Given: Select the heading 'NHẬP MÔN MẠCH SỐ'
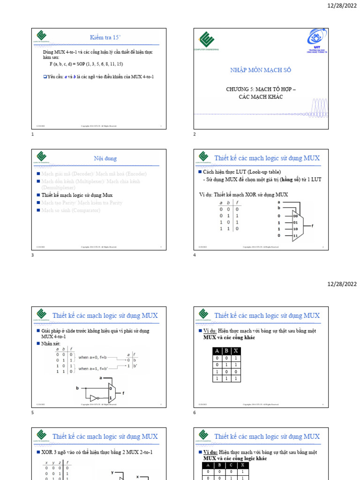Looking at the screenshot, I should point(261,70).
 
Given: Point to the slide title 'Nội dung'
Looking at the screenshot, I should point(105,158).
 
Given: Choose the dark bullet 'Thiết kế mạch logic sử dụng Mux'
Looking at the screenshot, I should point(77,195).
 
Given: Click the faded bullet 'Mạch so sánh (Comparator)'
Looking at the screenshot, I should point(70,210).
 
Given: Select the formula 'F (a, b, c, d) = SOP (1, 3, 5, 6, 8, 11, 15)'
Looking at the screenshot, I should point(86,64).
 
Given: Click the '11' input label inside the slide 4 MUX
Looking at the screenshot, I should point(295,235).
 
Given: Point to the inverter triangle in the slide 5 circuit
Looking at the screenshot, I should point(93,398).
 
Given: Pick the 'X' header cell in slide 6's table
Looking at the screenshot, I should point(235,351).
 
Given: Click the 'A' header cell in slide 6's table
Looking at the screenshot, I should point(217,351).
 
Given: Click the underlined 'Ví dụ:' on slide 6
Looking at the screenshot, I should point(210,331).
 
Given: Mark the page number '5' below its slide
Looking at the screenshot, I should point(33,412).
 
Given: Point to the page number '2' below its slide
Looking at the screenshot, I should point(195,134).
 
